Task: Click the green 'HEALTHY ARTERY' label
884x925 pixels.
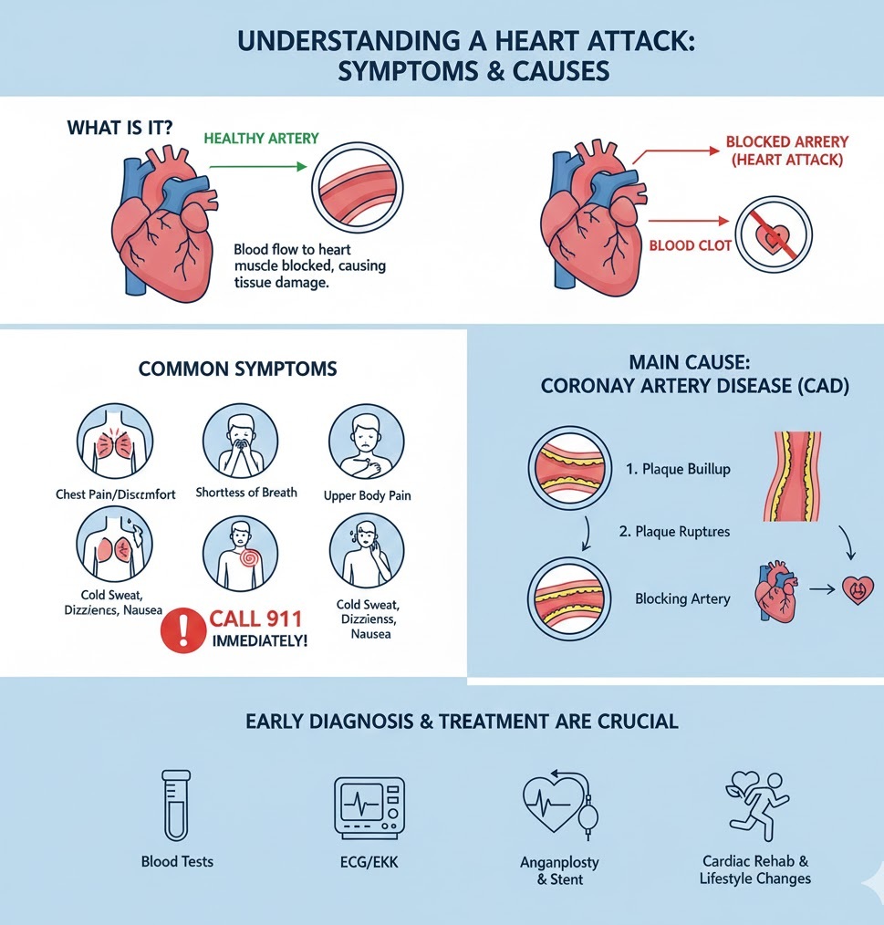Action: point(261,138)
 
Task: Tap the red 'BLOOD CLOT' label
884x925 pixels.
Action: point(691,245)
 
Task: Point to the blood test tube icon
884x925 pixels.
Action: point(175,804)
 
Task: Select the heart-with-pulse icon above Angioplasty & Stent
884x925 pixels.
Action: point(560,804)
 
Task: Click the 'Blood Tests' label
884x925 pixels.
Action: point(177,861)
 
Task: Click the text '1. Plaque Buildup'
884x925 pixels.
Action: point(678,469)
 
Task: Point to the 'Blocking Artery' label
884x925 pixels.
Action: point(682,599)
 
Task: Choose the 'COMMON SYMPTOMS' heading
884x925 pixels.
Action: point(237,369)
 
